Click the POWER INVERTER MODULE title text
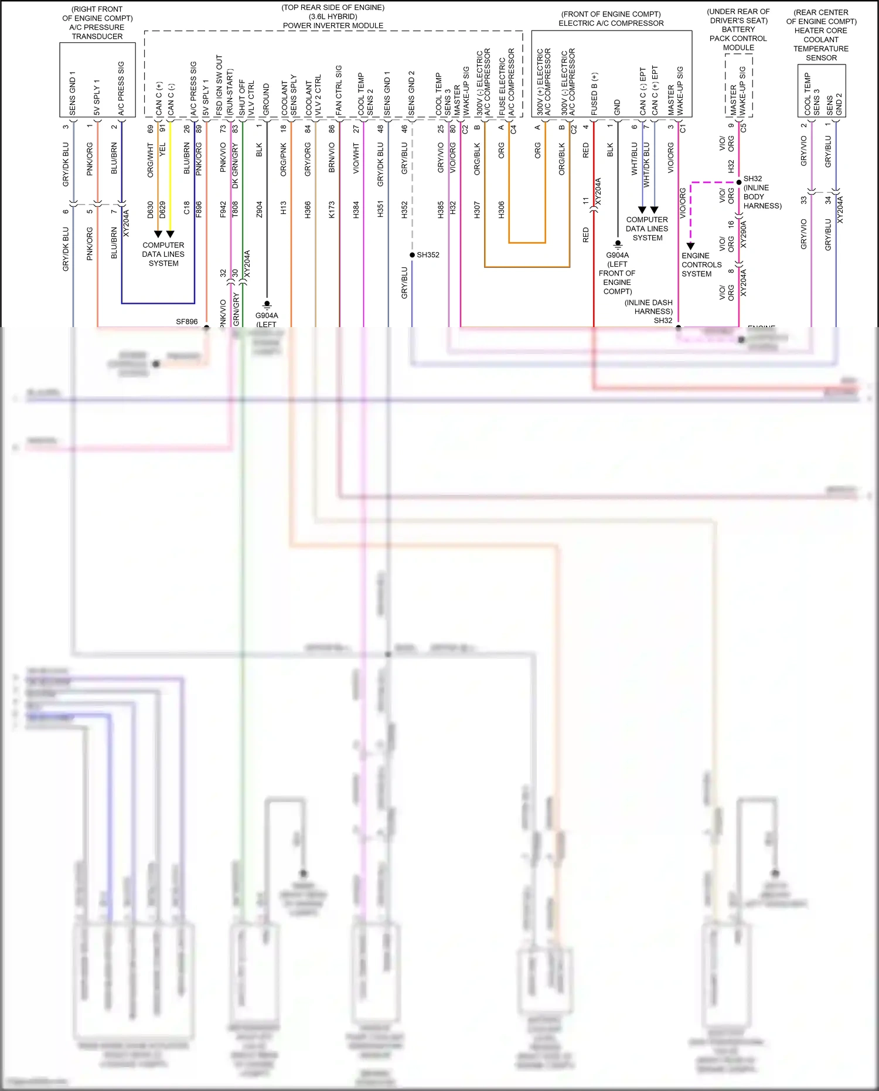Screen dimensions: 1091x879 click(x=333, y=25)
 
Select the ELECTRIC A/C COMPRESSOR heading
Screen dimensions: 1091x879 click(x=611, y=23)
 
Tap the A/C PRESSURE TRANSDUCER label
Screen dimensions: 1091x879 click(x=97, y=32)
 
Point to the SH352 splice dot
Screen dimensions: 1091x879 click(x=412, y=255)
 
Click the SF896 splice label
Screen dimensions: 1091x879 click(x=186, y=322)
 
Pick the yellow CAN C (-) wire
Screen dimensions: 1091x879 click(x=170, y=176)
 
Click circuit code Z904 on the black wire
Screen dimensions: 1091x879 click(x=259, y=209)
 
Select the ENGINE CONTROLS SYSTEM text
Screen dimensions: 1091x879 click(x=701, y=265)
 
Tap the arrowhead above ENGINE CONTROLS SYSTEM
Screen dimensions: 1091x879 click(x=690, y=246)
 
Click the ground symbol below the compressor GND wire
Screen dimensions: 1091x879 click(x=618, y=245)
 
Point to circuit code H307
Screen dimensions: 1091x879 click(x=477, y=209)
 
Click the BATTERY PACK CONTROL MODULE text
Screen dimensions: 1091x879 click(x=738, y=38)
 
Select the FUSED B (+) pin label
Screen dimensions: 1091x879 click(x=594, y=94)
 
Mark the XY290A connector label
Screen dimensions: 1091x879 click(x=744, y=233)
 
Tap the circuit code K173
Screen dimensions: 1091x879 click(x=332, y=209)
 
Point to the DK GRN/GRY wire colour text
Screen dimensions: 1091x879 click(x=235, y=166)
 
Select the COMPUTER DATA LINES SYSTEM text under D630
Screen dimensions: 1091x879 click(x=163, y=254)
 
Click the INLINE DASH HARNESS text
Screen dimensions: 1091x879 click(x=648, y=307)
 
